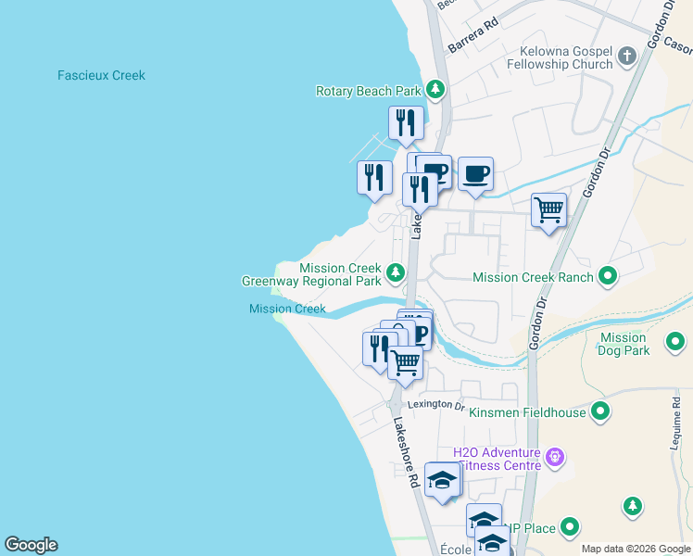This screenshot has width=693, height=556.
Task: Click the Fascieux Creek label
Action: [x=101, y=75]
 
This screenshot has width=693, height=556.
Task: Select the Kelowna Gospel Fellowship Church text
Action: [x=560, y=57]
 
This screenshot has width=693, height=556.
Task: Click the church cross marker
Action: [x=626, y=57]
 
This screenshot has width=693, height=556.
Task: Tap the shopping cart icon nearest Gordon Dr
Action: [x=548, y=210]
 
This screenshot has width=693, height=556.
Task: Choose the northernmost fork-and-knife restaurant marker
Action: [x=406, y=122]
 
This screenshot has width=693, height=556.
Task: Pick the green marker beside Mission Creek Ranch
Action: [x=608, y=275]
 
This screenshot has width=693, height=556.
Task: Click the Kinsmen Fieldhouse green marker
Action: [x=600, y=411]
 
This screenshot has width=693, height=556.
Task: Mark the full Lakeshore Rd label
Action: [x=406, y=452]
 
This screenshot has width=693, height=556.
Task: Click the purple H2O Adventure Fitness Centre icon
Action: [x=555, y=456]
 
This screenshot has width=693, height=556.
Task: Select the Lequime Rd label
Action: [x=674, y=419]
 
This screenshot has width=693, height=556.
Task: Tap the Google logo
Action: [x=31, y=545]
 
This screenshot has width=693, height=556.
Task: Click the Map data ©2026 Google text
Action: [x=635, y=549]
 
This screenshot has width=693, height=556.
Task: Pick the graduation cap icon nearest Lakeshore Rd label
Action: [x=443, y=481]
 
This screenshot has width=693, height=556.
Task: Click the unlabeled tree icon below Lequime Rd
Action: [x=632, y=505]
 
